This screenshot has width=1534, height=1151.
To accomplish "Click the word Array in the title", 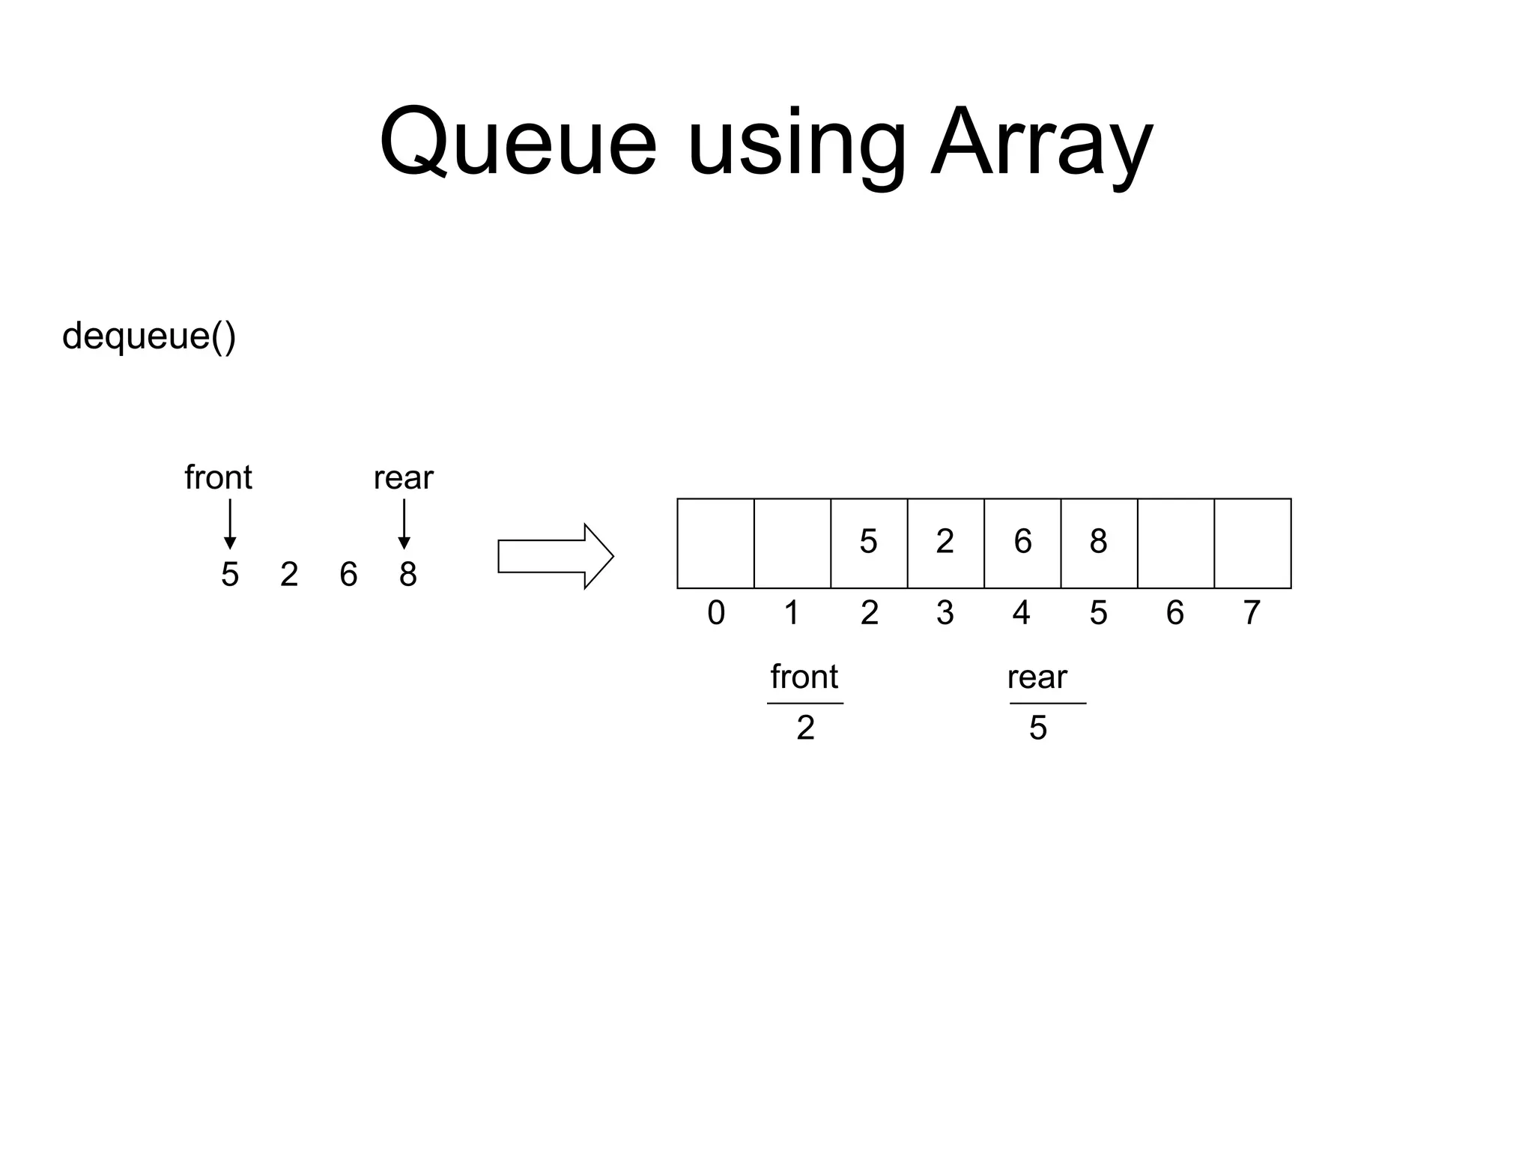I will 1041,142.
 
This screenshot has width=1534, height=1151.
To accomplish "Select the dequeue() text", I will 149,336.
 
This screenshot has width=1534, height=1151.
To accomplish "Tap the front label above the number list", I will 218,477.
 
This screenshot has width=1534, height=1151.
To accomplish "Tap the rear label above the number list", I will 403,477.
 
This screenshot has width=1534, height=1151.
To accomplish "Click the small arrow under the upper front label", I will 230,525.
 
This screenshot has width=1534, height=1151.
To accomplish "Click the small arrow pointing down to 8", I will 404,525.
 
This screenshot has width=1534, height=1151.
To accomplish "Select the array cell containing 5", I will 869,543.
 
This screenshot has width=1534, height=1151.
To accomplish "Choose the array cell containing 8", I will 1099,543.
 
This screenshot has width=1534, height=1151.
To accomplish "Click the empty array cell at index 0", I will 715,543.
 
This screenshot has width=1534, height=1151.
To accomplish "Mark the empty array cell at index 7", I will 1252,543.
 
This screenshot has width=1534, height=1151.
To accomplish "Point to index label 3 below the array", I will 945,613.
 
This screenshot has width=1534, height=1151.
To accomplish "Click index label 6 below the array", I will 1175,613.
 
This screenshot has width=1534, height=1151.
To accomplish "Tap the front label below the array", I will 804,677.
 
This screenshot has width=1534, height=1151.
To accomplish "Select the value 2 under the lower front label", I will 805,728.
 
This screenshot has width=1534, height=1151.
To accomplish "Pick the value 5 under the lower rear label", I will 1037,728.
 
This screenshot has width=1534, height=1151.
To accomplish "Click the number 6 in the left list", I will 348,575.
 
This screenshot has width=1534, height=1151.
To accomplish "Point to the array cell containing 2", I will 945,543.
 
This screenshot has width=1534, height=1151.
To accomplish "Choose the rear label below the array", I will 1037,677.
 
